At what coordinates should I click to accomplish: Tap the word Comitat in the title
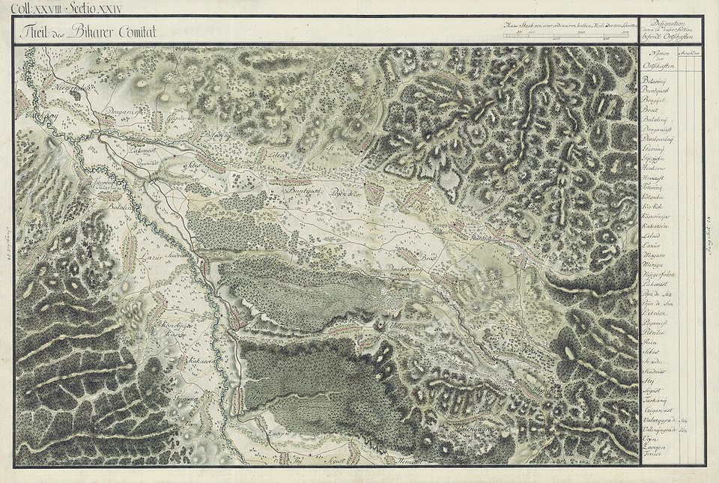point(133,32)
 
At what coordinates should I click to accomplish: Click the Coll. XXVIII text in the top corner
point(42,8)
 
